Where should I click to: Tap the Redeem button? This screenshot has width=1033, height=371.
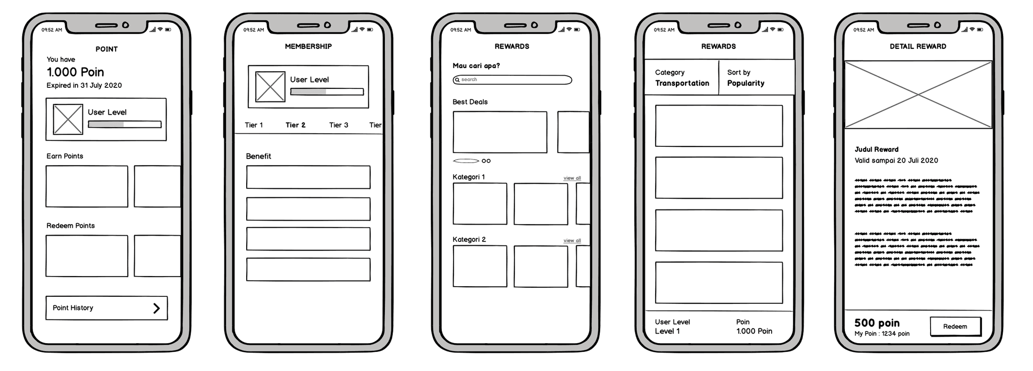(x=955, y=327)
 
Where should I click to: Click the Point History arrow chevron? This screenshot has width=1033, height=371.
(x=156, y=308)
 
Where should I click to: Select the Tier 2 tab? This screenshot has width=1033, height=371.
(x=295, y=125)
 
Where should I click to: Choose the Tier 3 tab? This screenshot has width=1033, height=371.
(x=338, y=125)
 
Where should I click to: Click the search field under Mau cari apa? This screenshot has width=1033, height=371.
(x=512, y=80)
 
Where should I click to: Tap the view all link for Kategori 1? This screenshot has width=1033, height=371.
(x=572, y=178)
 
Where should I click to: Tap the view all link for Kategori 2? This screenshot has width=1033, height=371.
(x=572, y=241)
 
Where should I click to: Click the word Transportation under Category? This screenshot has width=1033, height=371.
(x=682, y=83)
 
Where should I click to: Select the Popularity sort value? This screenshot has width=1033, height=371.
(x=745, y=83)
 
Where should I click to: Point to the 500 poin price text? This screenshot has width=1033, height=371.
(x=877, y=323)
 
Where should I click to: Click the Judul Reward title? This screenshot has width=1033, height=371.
(x=876, y=149)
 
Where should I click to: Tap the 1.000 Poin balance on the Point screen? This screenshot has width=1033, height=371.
(x=75, y=72)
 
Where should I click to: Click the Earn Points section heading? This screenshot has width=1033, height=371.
(x=65, y=156)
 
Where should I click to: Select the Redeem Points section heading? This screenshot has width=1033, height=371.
(x=70, y=226)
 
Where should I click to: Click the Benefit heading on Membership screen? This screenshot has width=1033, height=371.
(x=258, y=156)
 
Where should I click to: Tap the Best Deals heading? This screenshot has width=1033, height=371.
(x=470, y=102)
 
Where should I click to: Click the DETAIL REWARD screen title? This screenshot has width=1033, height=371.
(x=917, y=46)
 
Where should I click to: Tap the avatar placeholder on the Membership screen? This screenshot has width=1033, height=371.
(x=270, y=87)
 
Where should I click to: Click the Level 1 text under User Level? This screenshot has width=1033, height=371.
(x=667, y=332)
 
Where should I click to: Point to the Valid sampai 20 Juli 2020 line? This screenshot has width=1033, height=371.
(x=896, y=161)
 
